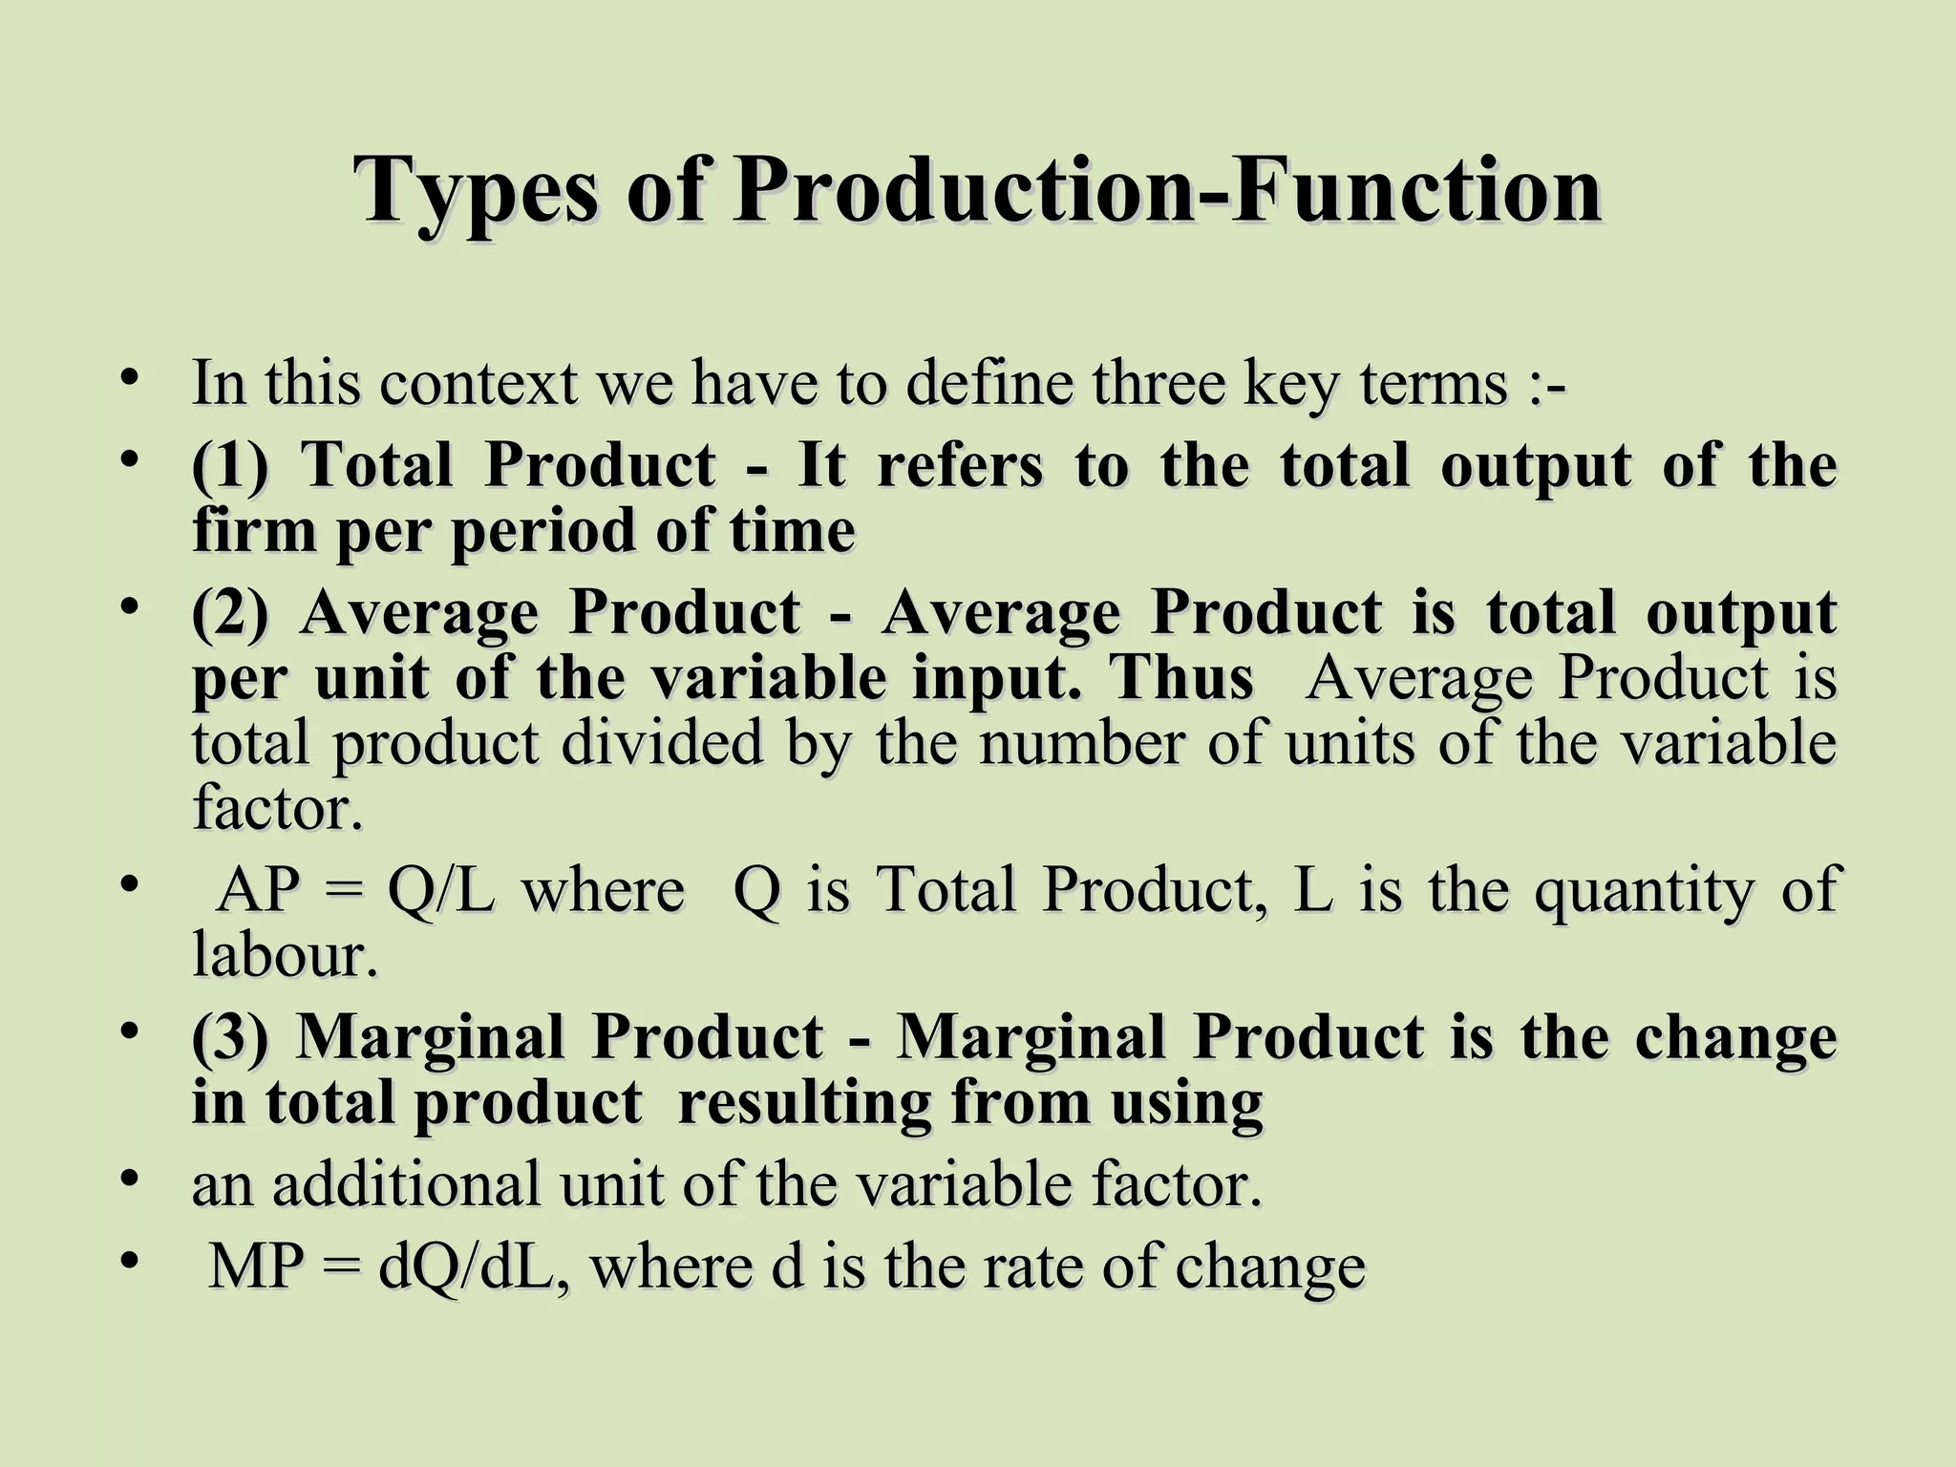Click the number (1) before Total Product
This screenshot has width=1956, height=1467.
point(230,466)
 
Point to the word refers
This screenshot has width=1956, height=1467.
point(960,466)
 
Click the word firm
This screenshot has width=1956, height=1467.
point(253,531)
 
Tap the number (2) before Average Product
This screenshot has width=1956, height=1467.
point(230,612)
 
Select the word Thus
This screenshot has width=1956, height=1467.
point(1180,679)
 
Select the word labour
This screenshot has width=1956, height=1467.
point(285,955)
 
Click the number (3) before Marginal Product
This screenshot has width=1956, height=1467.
point(230,1037)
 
